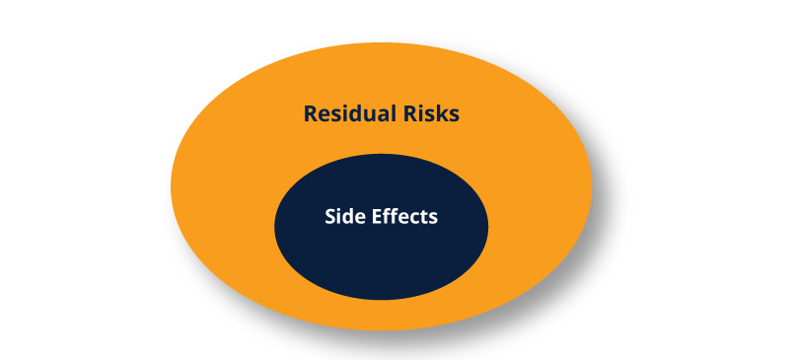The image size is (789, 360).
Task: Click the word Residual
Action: tap(346, 113)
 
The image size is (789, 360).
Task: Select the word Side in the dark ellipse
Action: tap(342, 217)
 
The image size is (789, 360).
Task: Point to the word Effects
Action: tap(401, 217)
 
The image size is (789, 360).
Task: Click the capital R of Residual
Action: tap(311, 113)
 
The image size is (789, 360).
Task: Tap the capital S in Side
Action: tap(330, 217)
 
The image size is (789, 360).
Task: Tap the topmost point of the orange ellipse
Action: tap(381, 43)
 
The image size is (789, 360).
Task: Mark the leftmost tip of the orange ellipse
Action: tap(172, 184)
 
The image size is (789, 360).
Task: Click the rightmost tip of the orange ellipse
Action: tap(592, 184)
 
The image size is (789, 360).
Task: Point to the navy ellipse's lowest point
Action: tap(381, 300)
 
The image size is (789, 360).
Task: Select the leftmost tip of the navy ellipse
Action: tap(274, 226)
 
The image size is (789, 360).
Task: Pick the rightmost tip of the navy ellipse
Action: tap(488, 226)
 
